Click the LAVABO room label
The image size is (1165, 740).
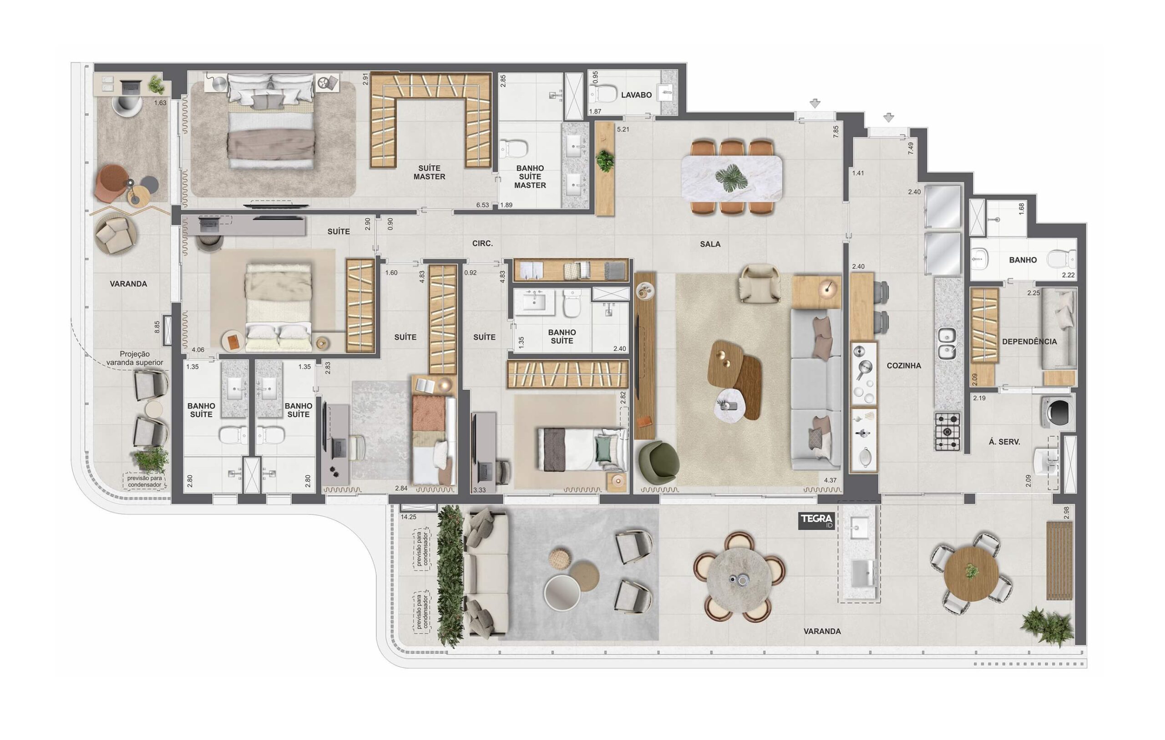636,95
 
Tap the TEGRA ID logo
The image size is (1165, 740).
815,520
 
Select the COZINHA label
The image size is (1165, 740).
904,366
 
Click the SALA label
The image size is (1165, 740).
710,244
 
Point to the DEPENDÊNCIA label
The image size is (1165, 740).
1029,342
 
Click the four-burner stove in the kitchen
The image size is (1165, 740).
947,432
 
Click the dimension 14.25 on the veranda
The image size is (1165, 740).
408,517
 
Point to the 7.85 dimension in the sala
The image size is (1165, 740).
836,131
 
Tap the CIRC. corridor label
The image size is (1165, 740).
482,244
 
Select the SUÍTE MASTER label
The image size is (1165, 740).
429,173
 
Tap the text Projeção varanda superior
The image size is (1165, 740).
135,358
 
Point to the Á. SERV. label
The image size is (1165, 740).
1004,442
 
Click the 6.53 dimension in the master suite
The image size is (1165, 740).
482,205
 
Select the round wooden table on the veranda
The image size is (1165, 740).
972,574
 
